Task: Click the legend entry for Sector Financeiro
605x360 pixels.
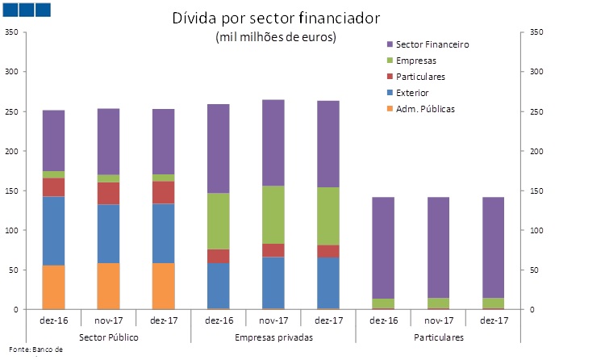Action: tap(432, 44)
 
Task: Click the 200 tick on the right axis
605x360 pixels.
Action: tap(534, 151)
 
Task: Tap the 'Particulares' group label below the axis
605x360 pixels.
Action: tap(439, 336)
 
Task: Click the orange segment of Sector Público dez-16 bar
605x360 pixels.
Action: tap(53, 287)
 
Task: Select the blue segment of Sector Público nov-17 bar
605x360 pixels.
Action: tap(108, 234)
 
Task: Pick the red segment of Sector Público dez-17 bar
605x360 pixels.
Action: tap(163, 192)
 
